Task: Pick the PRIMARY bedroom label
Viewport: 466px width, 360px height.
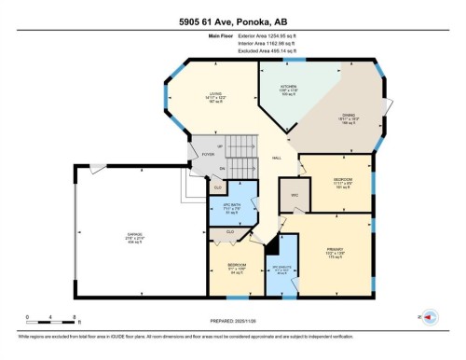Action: point(335,251)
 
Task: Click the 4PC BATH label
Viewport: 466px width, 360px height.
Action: point(219,208)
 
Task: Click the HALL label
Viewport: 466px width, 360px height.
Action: point(277,159)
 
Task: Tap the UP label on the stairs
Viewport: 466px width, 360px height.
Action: point(219,146)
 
